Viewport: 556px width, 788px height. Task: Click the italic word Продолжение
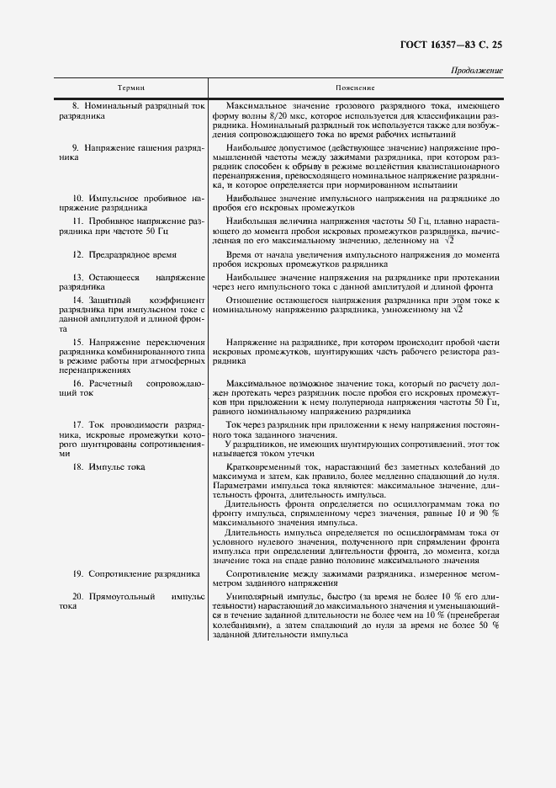pos(477,71)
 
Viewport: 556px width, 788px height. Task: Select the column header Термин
pos(131,88)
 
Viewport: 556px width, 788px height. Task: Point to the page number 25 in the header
pos(495,44)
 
